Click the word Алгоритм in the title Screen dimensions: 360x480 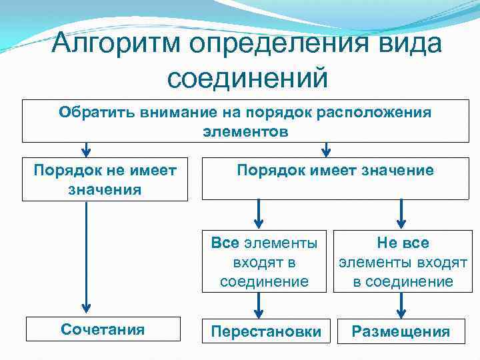119,45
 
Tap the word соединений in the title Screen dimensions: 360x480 247,78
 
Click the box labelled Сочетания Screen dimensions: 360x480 103,329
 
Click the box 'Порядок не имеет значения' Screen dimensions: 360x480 105,179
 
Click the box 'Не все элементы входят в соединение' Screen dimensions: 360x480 403,262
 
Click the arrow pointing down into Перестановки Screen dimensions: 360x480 259,305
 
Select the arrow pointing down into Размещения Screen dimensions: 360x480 401,305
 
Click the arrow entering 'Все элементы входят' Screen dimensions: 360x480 259,215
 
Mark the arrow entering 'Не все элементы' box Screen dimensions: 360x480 401,215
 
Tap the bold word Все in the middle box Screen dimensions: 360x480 224,243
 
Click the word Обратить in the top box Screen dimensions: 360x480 96,112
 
